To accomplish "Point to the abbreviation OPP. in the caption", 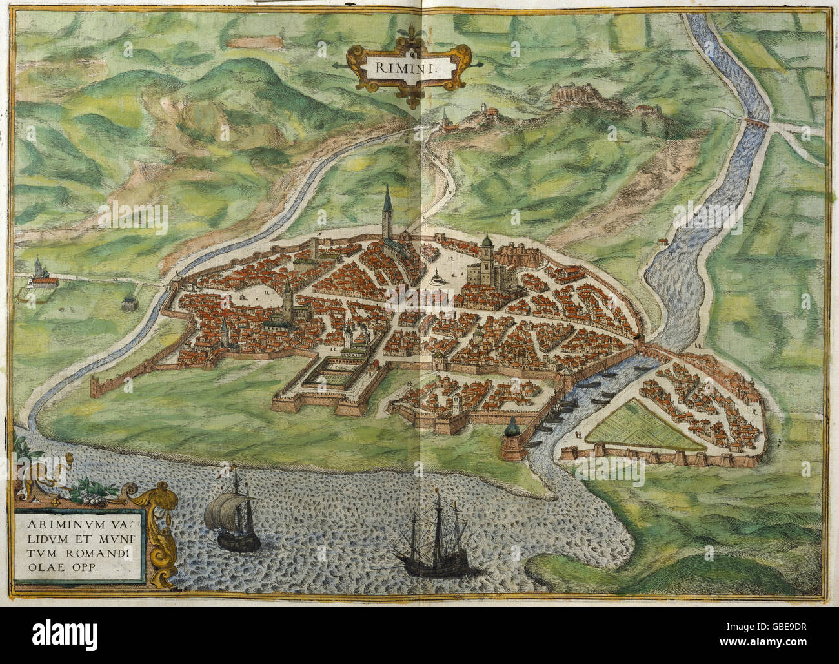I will [88, 558].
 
